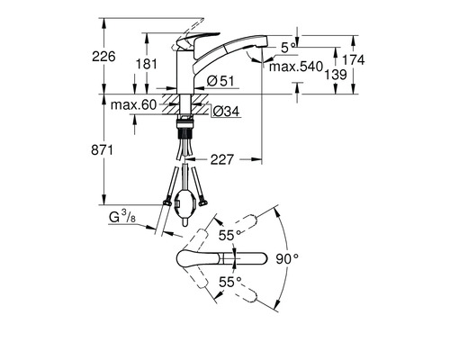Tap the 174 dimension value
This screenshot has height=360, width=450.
pos(382,59)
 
